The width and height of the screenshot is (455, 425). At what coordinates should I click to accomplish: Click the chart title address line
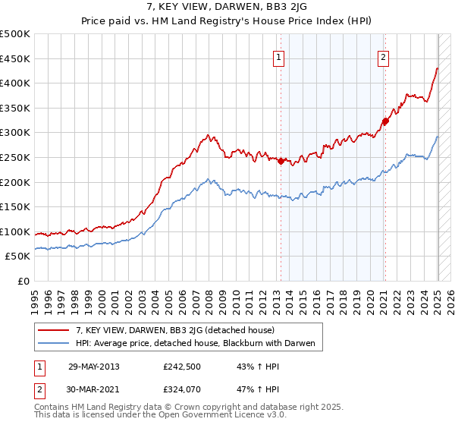[x=227, y=8]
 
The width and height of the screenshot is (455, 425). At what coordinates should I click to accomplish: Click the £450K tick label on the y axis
[x=15, y=58]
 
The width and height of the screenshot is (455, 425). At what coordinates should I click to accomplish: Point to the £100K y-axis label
[x=15, y=232]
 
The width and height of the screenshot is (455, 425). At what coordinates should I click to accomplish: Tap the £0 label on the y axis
[x=24, y=282]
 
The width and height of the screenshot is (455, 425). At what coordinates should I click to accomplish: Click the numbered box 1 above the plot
[x=279, y=58]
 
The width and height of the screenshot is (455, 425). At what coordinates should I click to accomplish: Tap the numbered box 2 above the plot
[x=384, y=58]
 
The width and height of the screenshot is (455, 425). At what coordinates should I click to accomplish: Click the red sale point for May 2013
[x=281, y=161]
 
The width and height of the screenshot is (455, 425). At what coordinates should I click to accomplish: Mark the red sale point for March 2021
[x=385, y=121]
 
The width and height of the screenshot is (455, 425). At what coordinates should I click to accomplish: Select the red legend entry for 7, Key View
[x=180, y=330]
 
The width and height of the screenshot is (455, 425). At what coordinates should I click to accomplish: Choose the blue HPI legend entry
[x=199, y=344]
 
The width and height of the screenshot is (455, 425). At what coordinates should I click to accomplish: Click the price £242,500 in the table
[x=183, y=367]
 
